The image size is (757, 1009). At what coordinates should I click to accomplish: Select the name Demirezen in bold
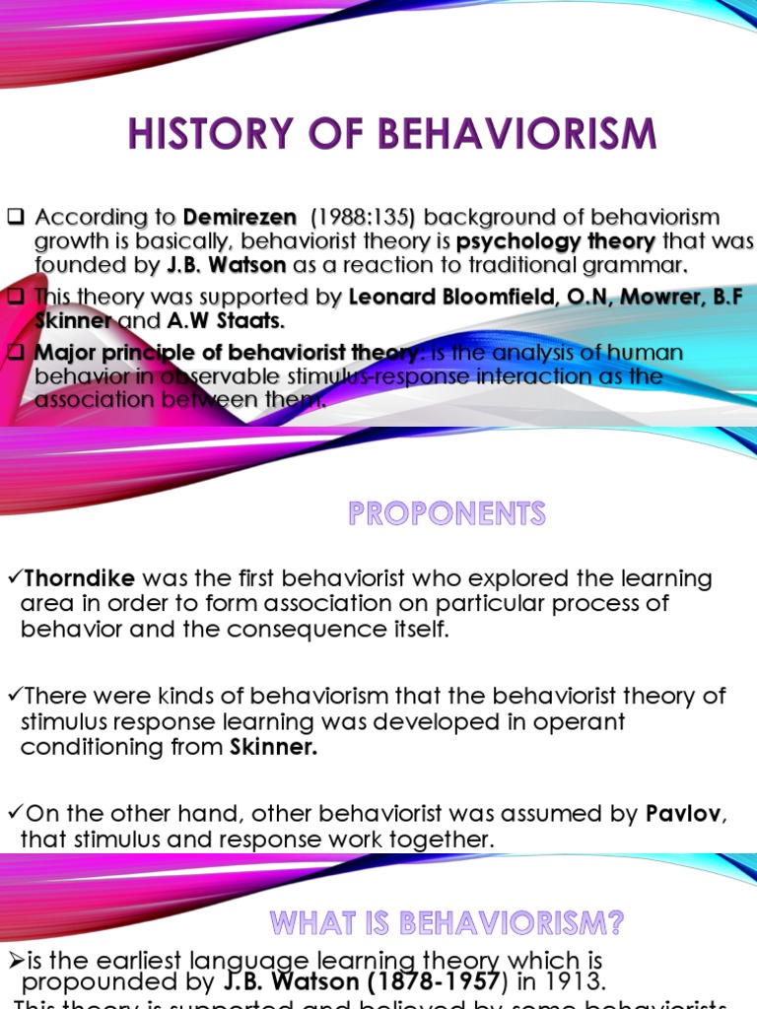point(240,217)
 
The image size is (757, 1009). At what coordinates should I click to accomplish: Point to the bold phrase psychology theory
point(556,241)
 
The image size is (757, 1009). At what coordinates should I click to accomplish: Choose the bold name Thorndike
point(78,578)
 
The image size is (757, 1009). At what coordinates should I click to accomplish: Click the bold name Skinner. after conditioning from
point(273,747)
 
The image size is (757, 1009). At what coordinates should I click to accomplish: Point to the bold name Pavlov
point(681,815)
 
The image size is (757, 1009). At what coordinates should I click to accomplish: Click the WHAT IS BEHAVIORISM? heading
point(447,923)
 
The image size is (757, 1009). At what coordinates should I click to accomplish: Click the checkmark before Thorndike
point(13,578)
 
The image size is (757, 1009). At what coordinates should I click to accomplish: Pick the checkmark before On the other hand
point(13,815)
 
